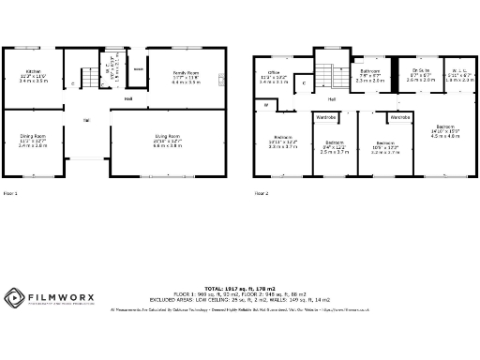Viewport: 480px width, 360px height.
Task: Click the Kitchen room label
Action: tap(34, 72)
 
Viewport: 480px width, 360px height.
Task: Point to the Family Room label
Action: tap(186, 72)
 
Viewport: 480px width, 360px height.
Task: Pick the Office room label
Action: tap(274, 72)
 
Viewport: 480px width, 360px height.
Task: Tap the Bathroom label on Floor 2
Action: tap(369, 71)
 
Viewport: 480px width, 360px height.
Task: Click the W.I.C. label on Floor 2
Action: tap(460, 71)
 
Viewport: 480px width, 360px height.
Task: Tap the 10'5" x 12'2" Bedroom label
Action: tap(386, 142)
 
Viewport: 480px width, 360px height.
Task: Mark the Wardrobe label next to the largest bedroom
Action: tap(400, 118)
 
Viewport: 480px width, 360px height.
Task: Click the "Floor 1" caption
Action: tap(11, 193)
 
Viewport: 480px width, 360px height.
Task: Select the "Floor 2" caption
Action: tap(261, 193)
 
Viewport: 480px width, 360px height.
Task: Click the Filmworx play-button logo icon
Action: tap(13, 298)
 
